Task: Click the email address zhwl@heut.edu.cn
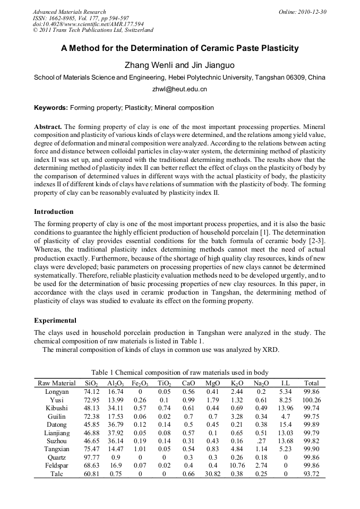(179, 89)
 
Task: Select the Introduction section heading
(54, 211)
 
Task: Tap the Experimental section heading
(55, 321)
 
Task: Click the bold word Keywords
(50, 108)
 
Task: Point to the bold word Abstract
(48, 127)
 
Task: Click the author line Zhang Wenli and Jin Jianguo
(179, 65)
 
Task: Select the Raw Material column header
(56, 383)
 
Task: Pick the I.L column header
(285, 383)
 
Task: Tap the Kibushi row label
(56, 408)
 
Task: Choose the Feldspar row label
(56, 465)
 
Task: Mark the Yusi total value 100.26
(311, 400)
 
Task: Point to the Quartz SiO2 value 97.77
(92, 458)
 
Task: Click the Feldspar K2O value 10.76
(237, 465)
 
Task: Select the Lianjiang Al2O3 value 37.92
(116, 433)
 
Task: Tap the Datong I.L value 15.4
(285, 425)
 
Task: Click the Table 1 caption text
(179, 372)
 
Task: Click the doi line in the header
(81, 24)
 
